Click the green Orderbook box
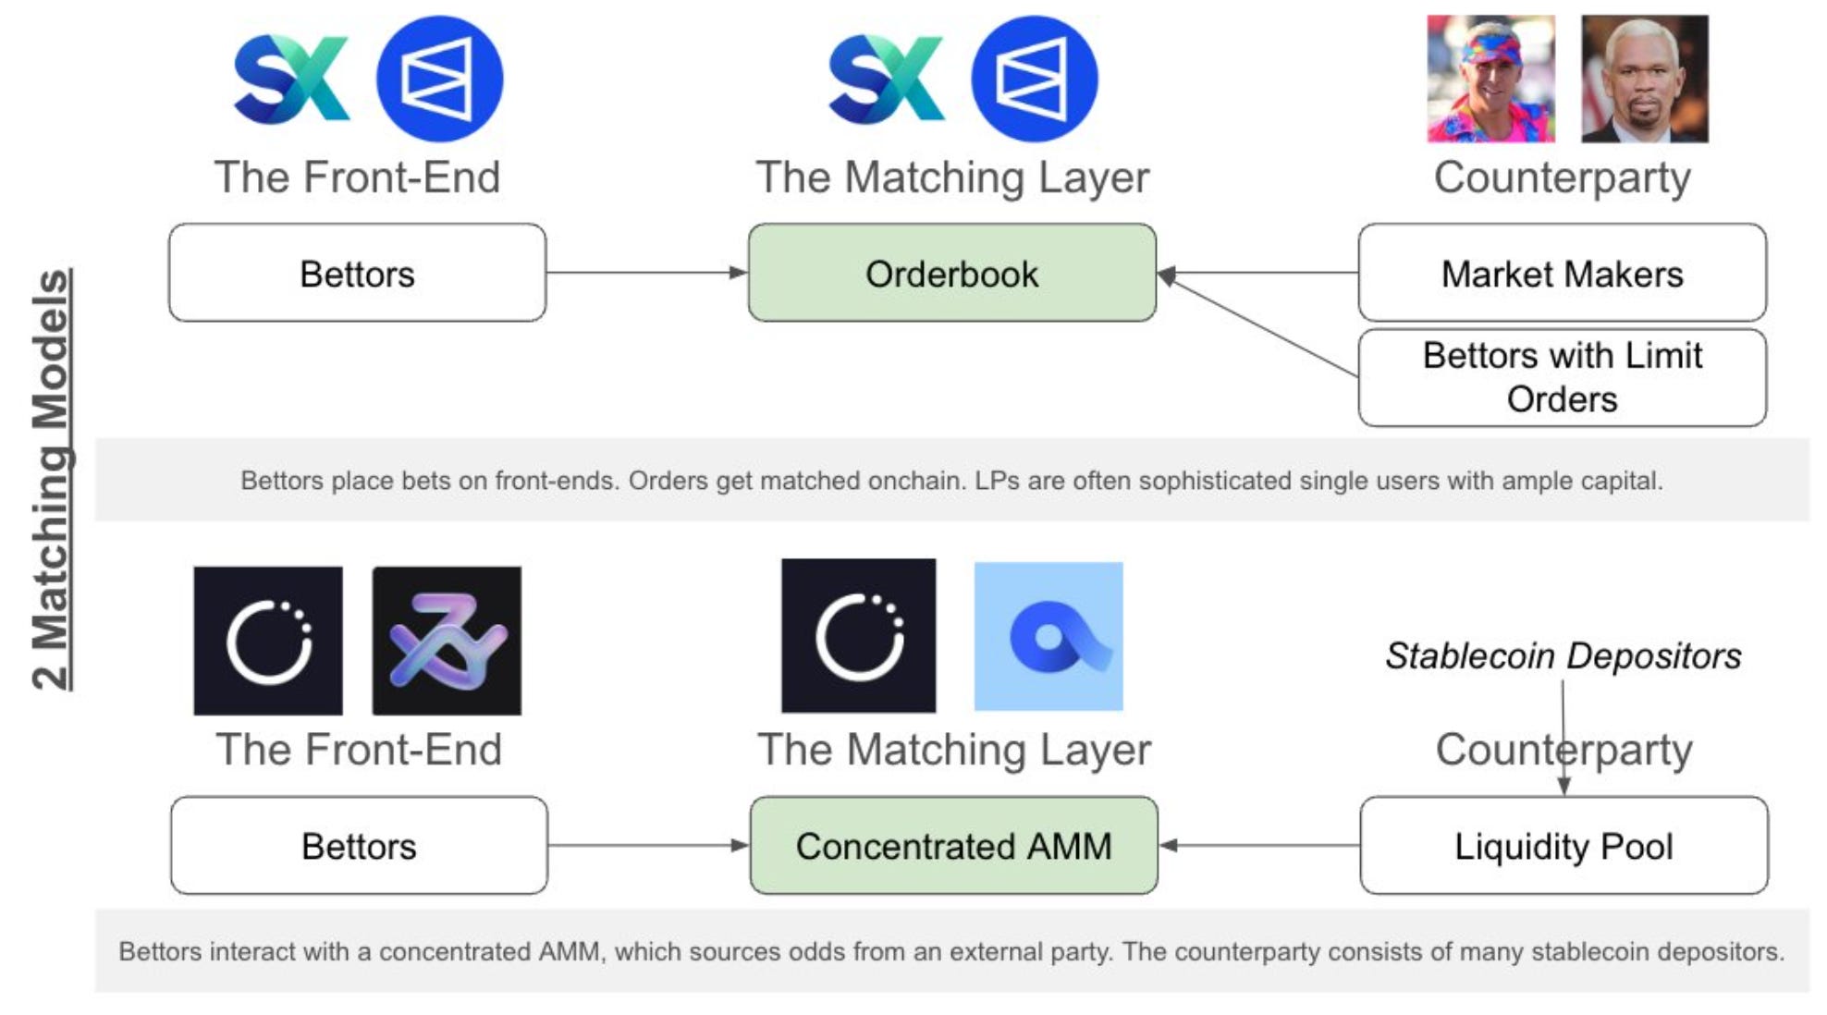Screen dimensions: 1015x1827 (x=951, y=274)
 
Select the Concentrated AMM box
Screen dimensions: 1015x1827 (x=953, y=846)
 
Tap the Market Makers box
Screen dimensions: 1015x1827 (x=1562, y=274)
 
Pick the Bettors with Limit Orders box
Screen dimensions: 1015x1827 (x=1562, y=377)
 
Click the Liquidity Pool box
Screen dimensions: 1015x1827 (x=1563, y=846)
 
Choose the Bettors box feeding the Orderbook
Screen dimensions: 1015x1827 (x=357, y=274)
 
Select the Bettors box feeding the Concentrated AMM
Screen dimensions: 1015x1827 (x=359, y=846)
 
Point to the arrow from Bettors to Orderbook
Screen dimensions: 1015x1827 (x=646, y=273)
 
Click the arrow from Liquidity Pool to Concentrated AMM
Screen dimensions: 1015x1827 (x=1258, y=845)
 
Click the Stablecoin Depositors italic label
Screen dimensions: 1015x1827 (x=1563, y=656)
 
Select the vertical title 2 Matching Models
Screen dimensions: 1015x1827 (x=52, y=479)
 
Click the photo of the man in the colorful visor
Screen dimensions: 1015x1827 (x=1490, y=79)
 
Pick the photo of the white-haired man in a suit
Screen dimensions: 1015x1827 (x=1644, y=79)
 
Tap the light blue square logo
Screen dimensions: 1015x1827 (x=1048, y=636)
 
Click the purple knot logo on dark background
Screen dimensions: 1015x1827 (x=447, y=641)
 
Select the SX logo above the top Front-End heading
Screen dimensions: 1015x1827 (x=291, y=79)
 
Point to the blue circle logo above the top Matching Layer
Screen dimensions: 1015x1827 (x=1035, y=79)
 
